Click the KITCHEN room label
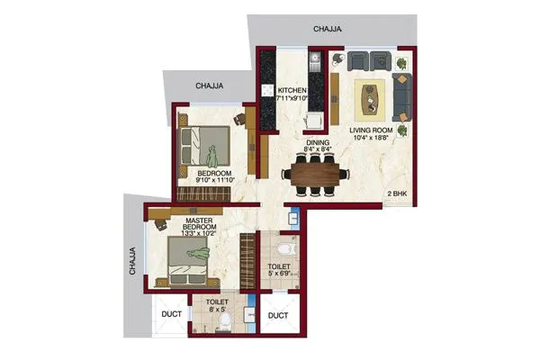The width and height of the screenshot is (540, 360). pos(292,91)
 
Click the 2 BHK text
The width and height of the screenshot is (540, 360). pos(398,194)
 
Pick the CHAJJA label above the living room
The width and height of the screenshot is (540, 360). pos(327,30)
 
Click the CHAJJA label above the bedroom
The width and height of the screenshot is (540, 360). pos(210,86)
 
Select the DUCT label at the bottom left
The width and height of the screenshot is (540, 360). pos(172,315)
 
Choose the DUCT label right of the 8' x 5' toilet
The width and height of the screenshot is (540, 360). pos(278,316)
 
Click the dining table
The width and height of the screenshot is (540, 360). pos(315,172)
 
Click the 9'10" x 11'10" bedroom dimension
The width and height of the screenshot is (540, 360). pos(215,180)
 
